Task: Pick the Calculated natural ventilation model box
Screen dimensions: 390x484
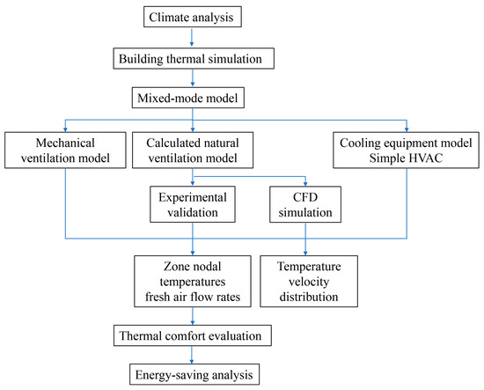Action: (191, 149)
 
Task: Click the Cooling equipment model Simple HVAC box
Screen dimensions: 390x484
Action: (407, 149)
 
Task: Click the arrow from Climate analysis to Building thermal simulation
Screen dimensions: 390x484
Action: (191, 38)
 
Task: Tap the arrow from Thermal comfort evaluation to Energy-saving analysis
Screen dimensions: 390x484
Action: (190, 354)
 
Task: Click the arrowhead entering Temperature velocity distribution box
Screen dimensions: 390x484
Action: (306, 251)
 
